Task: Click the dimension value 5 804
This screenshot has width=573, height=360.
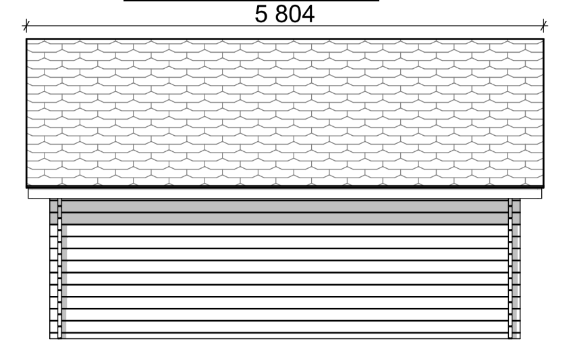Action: (x=284, y=14)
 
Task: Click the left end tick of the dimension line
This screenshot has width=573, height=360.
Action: (x=26, y=27)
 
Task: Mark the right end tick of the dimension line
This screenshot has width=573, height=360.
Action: (x=544, y=27)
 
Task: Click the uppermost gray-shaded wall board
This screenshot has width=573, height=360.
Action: (x=284, y=206)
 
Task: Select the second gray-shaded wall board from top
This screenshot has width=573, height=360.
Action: (x=284, y=218)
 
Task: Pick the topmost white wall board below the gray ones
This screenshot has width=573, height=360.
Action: (x=284, y=230)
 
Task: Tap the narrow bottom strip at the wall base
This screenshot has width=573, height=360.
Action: (x=284, y=336)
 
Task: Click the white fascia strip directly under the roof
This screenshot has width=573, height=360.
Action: (x=284, y=193)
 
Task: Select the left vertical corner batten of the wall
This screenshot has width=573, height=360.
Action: (x=60, y=270)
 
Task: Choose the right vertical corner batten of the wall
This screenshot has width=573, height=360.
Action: (x=510, y=270)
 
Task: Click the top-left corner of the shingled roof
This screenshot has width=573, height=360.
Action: (x=27, y=39)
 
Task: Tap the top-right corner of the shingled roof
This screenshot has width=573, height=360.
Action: (x=543, y=39)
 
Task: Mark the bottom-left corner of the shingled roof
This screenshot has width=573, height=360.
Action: (x=27, y=186)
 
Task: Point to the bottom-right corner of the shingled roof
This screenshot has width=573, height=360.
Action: (x=543, y=186)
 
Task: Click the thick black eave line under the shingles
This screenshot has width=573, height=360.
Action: (x=284, y=186)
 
